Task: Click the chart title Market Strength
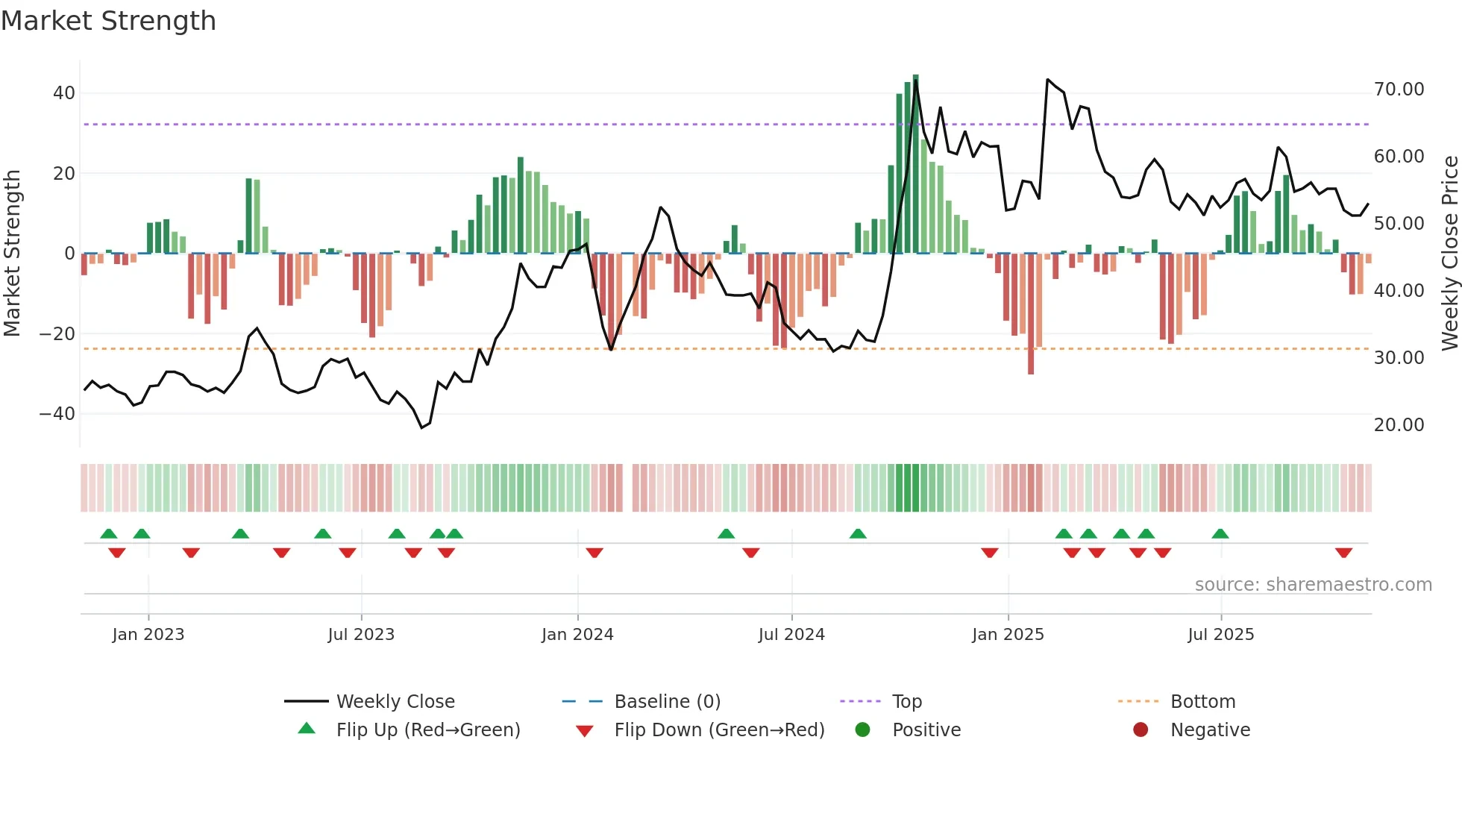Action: click(108, 21)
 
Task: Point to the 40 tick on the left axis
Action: click(64, 93)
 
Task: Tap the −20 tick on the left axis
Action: click(58, 334)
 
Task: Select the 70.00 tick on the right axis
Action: click(1399, 90)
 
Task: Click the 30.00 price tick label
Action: click(1399, 358)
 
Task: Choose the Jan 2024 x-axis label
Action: click(577, 635)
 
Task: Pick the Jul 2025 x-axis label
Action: click(1220, 635)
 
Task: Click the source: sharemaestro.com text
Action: click(1313, 585)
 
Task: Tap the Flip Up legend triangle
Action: click(307, 729)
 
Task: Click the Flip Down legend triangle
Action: click(585, 731)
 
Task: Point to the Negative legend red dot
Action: click(1140, 730)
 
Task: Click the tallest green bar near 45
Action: click(916, 164)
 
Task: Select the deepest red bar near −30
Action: click(1031, 313)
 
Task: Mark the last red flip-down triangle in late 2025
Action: click(1343, 553)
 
